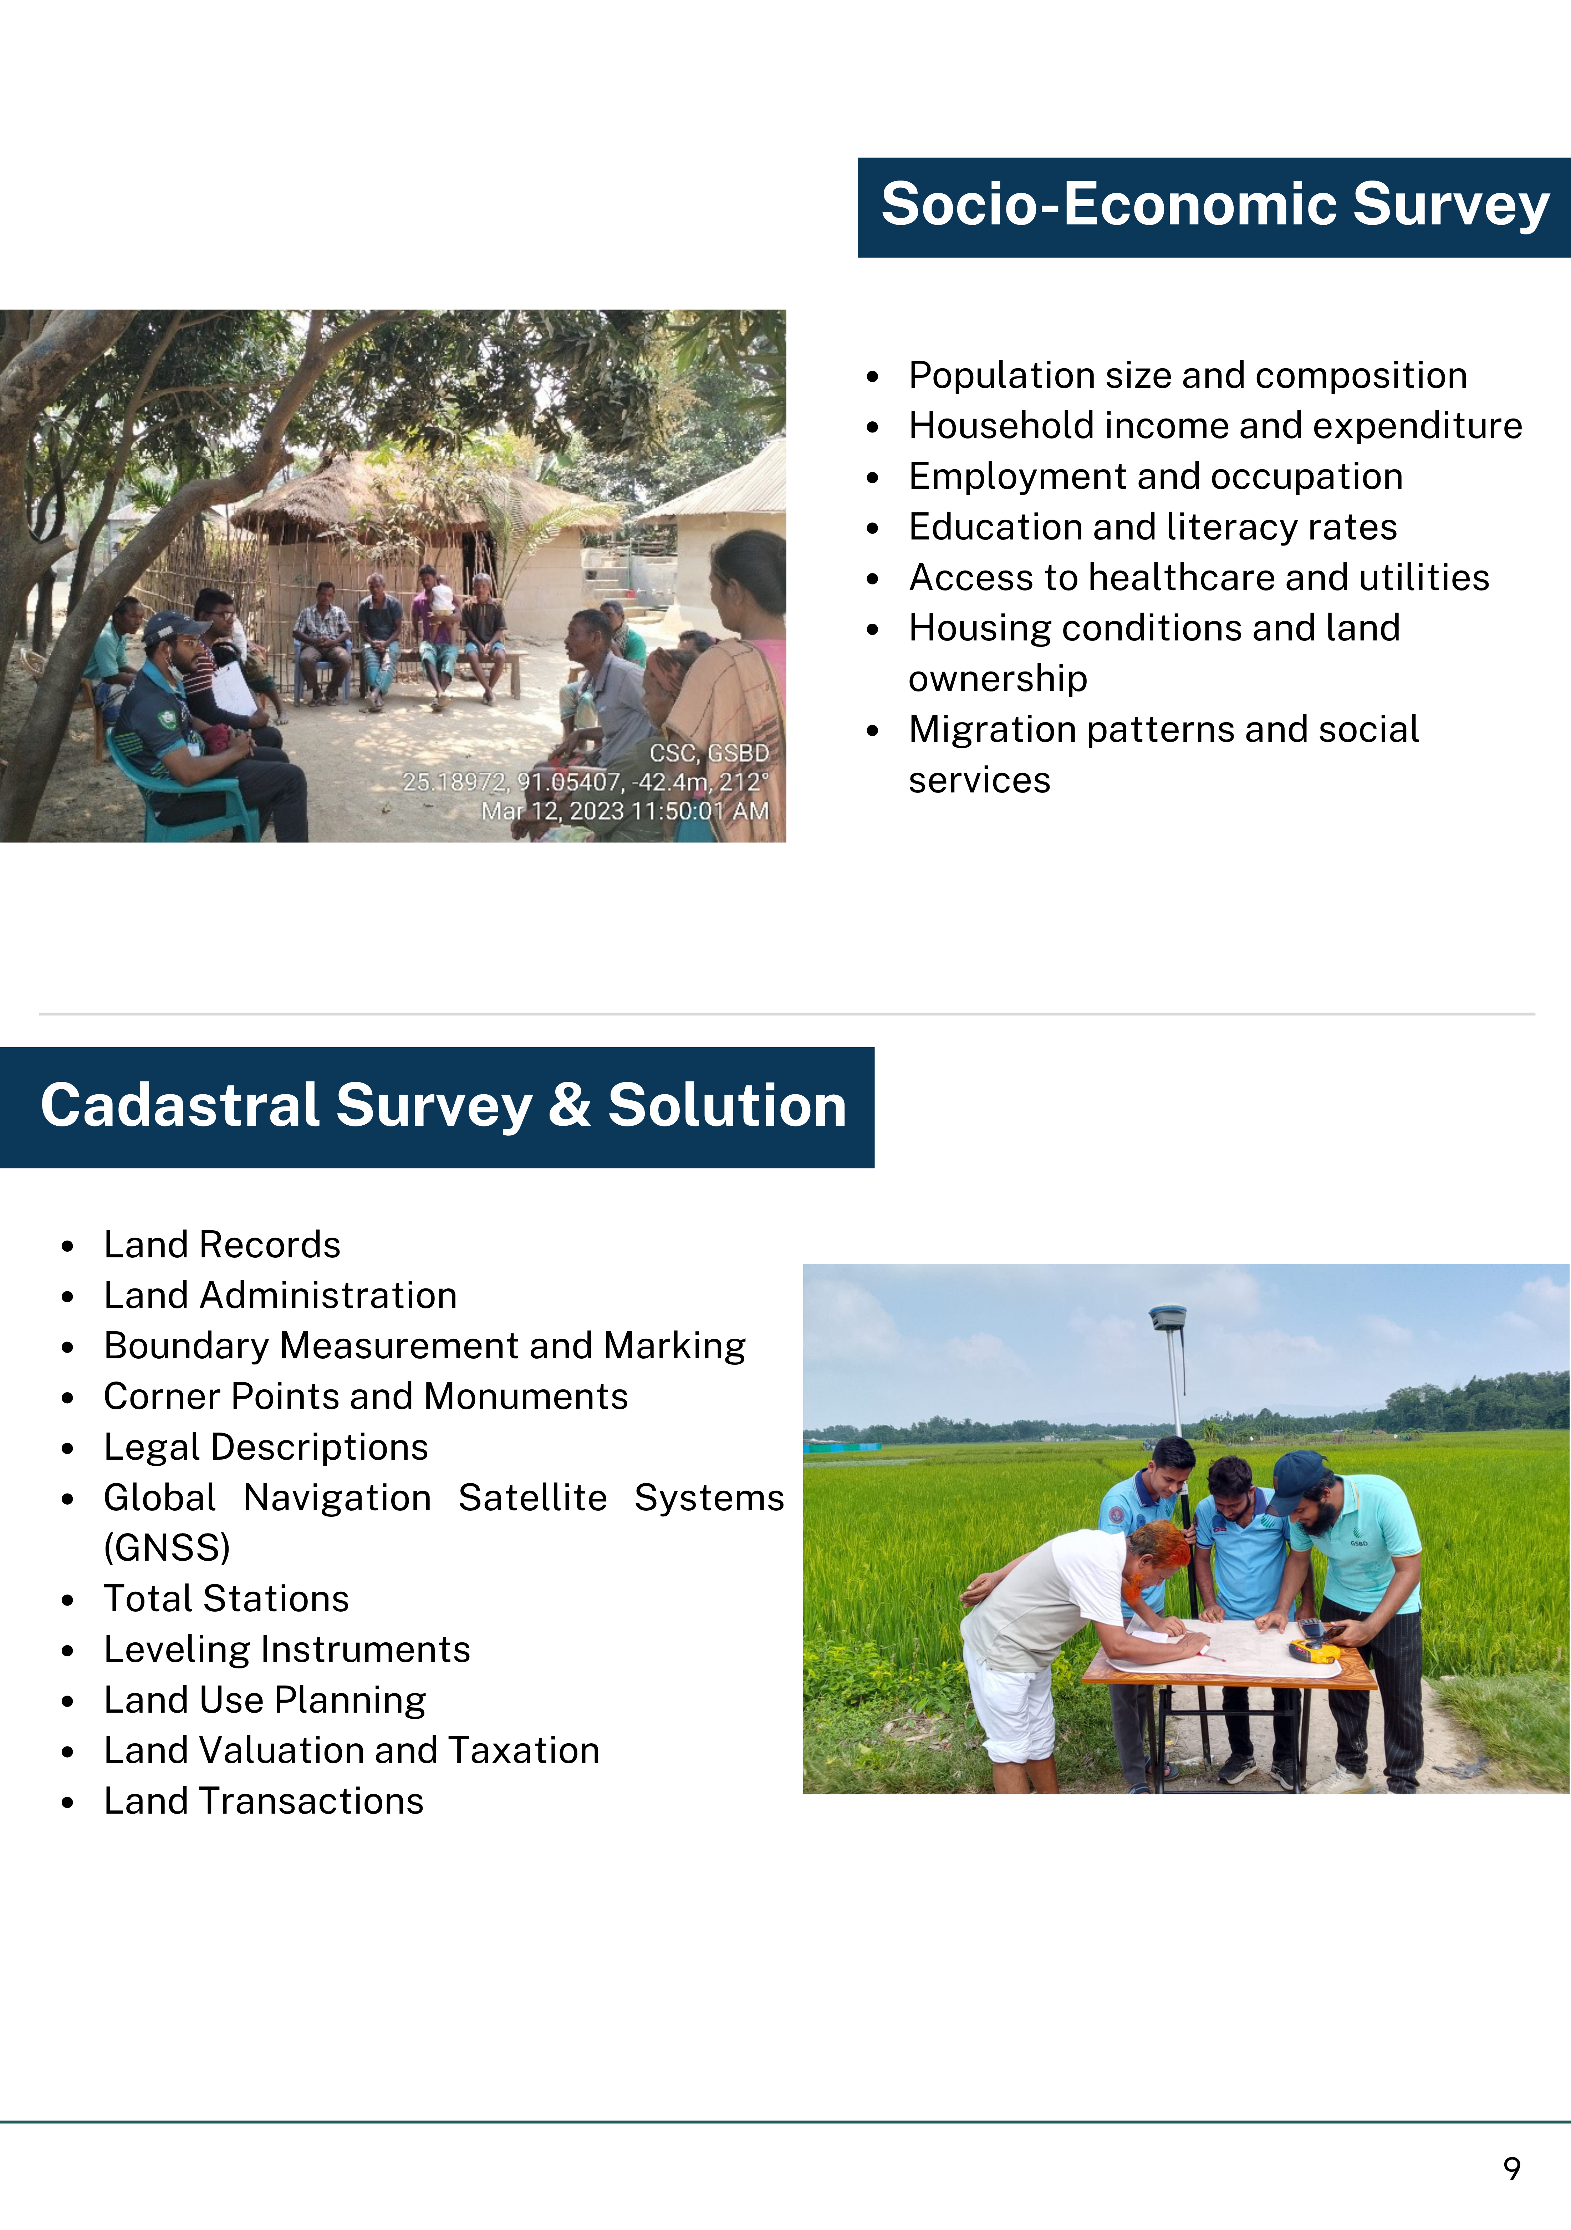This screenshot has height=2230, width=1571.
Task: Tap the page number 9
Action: [x=1512, y=2168]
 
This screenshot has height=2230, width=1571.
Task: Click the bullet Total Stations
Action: [x=226, y=1599]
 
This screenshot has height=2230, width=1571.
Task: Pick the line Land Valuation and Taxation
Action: [x=352, y=1750]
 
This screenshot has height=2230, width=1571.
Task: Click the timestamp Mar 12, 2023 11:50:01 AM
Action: [x=625, y=811]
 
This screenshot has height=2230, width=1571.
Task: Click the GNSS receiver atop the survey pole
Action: [x=1166, y=1317]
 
